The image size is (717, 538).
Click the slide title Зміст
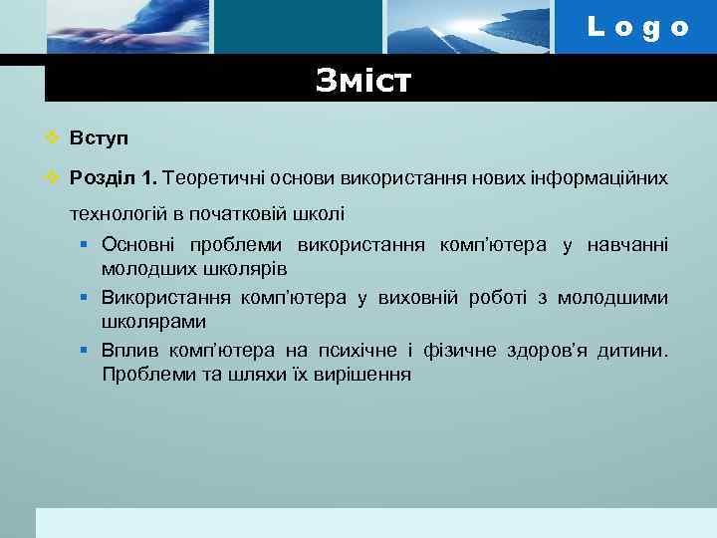[x=362, y=81]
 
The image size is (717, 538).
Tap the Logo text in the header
[x=637, y=27]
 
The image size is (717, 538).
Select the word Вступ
[x=100, y=137]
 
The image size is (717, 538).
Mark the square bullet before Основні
[x=87, y=245]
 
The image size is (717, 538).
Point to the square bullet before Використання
[x=87, y=298]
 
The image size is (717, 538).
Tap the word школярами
[x=154, y=322]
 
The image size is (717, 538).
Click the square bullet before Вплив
[x=87, y=351]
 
